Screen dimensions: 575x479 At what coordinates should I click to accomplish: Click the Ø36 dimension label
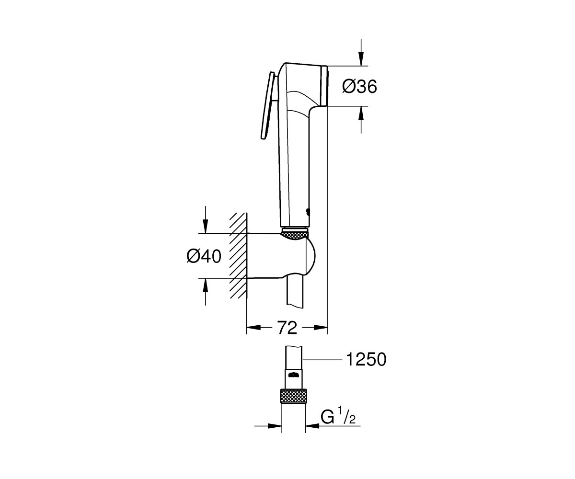tap(359, 87)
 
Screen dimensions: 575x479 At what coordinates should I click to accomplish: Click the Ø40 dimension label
tap(204, 256)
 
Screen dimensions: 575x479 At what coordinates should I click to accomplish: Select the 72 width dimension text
tap(287, 328)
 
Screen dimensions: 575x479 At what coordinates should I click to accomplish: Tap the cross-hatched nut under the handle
tap(295, 236)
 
